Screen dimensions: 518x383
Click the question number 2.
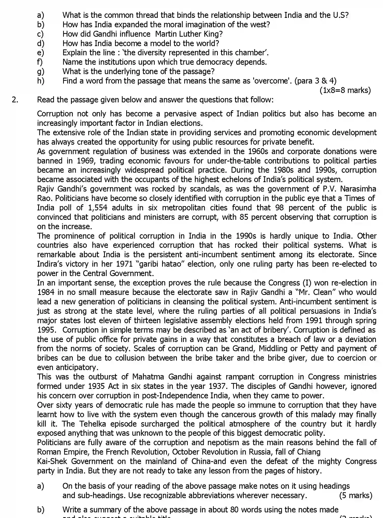pyautogui.click(x=15, y=100)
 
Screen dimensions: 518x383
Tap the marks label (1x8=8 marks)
pyautogui.click(x=345, y=90)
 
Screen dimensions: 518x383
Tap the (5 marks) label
pyautogui.click(x=356, y=495)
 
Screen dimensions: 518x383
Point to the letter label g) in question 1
pyautogui.click(x=40, y=72)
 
